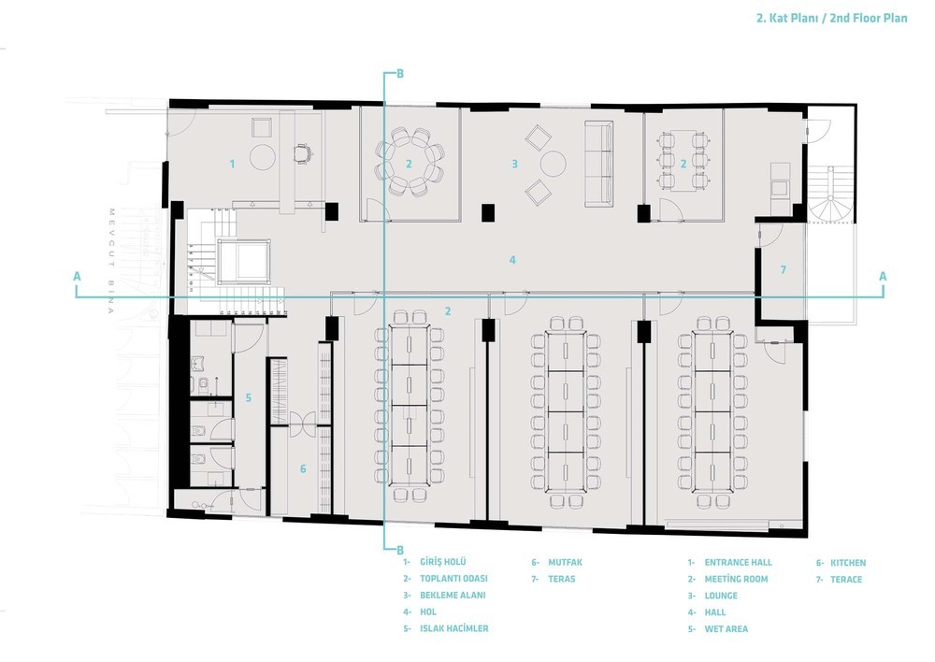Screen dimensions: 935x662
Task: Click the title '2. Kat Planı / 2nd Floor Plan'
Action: (x=832, y=18)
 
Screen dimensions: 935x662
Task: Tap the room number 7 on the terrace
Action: (x=784, y=270)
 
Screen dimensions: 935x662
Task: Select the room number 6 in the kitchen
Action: (x=303, y=468)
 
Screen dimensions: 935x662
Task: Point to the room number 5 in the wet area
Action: (x=249, y=397)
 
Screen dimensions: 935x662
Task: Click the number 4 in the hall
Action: (x=512, y=260)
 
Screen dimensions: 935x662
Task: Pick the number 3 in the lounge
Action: (x=514, y=164)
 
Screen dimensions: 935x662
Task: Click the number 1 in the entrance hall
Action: (x=233, y=164)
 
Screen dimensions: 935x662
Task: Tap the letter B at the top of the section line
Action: (x=400, y=74)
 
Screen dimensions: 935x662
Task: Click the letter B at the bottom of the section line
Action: (x=400, y=550)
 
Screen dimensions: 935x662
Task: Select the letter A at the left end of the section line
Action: (x=77, y=276)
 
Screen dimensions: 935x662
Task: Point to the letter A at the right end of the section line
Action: (x=883, y=276)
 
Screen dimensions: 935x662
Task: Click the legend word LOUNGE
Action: (x=721, y=596)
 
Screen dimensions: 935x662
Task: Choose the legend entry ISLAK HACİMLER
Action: (x=453, y=628)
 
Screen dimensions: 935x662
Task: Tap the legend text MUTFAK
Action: (x=565, y=562)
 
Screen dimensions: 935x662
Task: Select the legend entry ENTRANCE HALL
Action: (x=739, y=562)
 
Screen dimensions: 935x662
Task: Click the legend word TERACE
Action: (x=846, y=579)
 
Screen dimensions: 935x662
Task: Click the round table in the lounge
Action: (x=553, y=163)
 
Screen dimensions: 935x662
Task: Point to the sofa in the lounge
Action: (x=598, y=164)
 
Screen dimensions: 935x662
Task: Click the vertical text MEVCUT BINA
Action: (x=111, y=261)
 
